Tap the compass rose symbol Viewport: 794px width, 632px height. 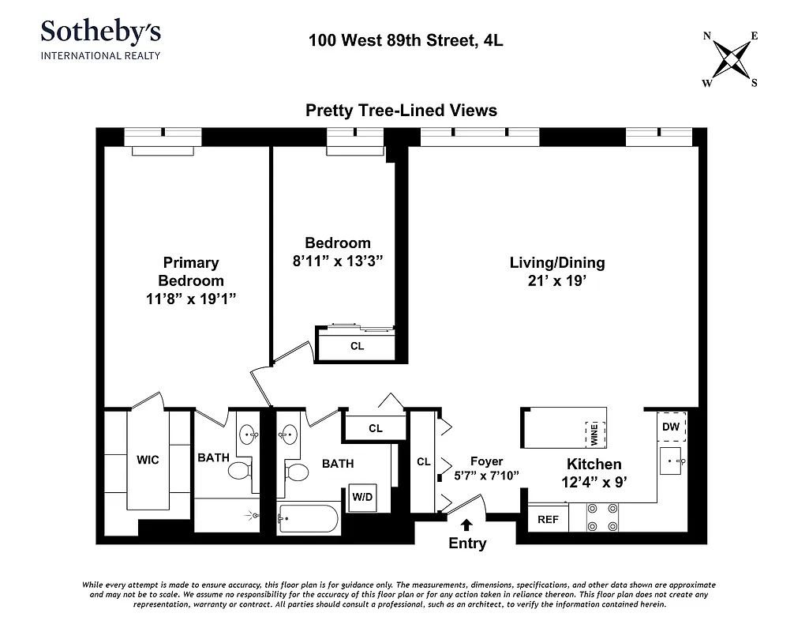click(731, 59)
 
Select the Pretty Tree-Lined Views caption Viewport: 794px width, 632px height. click(401, 111)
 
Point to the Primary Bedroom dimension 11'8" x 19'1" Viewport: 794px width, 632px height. click(190, 299)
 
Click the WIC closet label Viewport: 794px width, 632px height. click(148, 460)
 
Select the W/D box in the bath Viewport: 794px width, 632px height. click(362, 498)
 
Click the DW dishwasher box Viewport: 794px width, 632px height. click(671, 427)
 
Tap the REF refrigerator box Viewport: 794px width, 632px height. click(548, 519)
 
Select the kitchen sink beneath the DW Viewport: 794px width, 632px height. click(672, 461)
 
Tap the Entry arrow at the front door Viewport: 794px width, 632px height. click(466, 524)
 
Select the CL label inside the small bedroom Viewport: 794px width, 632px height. click(357, 346)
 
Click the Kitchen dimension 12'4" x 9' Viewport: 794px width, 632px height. click(594, 483)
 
